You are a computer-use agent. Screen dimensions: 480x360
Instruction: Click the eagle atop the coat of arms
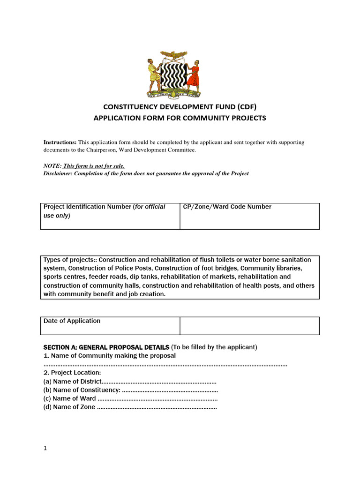[x=174, y=55]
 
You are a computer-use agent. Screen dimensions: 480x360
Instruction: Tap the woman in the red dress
[x=193, y=75]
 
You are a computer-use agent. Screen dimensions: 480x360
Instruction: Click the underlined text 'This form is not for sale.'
[x=94, y=166]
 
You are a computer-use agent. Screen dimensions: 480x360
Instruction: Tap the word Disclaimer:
[x=60, y=173]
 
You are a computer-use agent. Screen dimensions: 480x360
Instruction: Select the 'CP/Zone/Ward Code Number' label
[x=227, y=207]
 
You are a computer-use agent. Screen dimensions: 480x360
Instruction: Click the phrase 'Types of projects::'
[x=70, y=260]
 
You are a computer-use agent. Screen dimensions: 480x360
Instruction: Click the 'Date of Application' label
[x=72, y=321]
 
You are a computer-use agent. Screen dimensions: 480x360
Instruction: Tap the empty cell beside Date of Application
[x=249, y=325]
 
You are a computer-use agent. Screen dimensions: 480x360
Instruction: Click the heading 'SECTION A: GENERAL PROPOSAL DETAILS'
[x=106, y=347]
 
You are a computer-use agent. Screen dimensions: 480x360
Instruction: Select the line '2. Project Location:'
[x=72, y=373]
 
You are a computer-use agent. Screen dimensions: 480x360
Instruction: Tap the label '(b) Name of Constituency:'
[x=82, y=390]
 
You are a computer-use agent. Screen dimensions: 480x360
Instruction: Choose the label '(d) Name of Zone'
[x=69, y=407]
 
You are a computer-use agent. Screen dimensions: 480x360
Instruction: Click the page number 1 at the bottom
[x=45, y=448]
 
